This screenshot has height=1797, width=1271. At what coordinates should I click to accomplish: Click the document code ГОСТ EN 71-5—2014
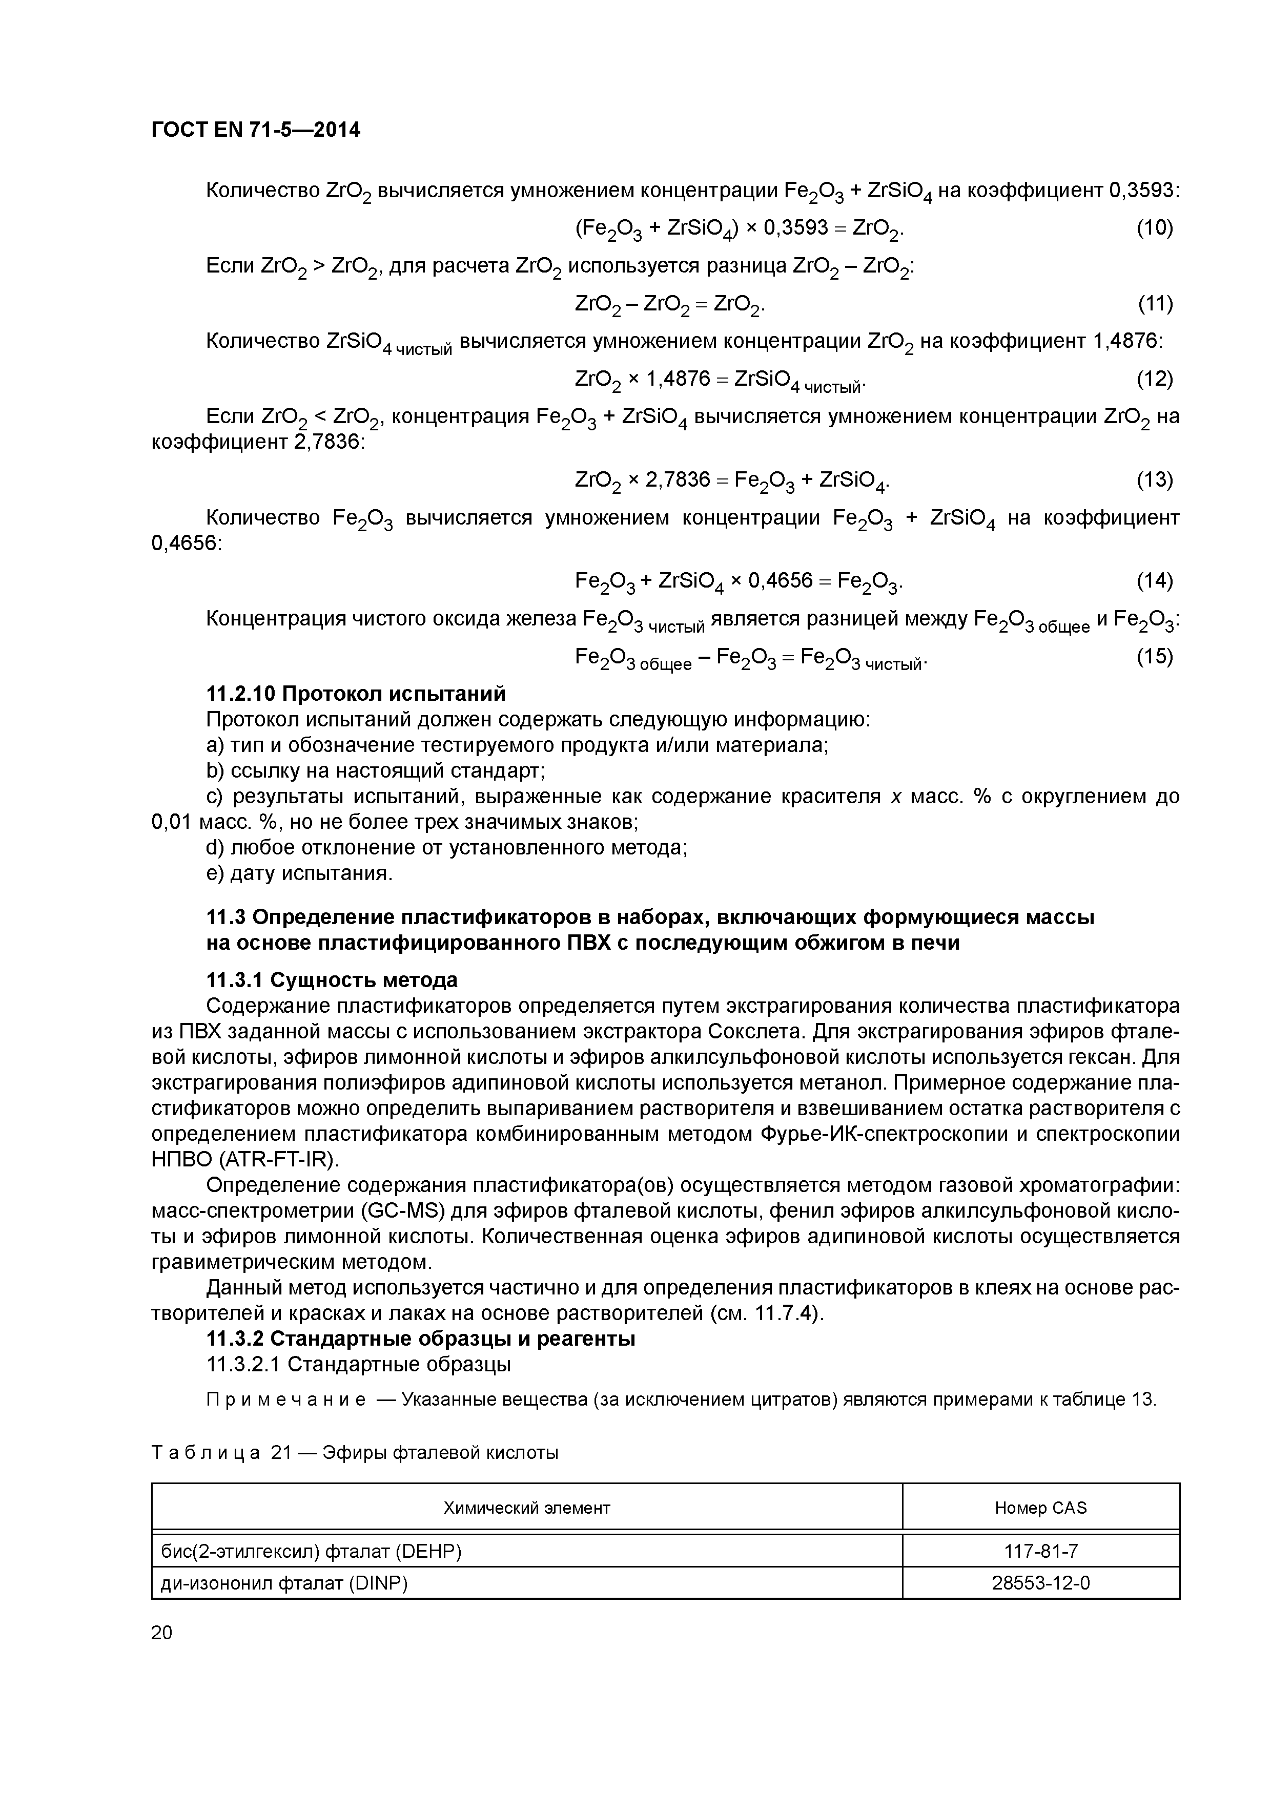255,130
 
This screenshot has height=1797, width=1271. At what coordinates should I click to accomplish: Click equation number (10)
1154,228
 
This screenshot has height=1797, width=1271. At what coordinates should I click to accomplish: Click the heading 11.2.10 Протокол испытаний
356,694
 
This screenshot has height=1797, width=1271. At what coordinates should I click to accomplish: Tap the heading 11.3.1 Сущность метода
331,980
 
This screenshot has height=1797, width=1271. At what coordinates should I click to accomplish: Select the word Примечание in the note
285,1400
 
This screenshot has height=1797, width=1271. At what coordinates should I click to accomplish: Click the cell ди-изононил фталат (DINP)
284,1583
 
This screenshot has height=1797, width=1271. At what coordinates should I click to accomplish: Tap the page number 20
161,1632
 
